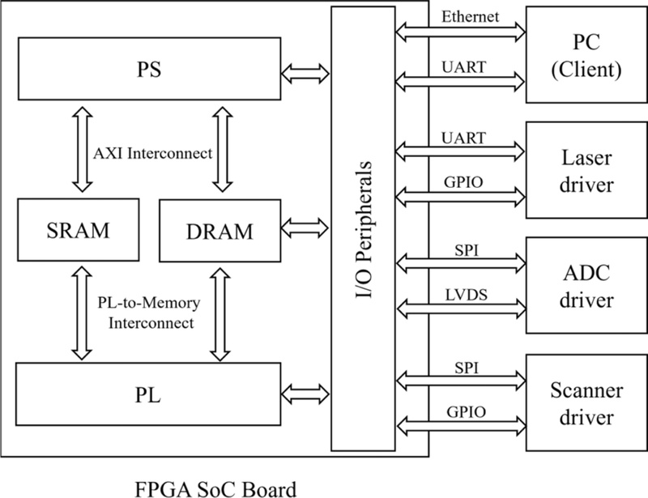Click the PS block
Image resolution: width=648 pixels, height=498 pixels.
[x=149, y=69]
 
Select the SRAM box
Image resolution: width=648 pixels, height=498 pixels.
[x=78, y=230]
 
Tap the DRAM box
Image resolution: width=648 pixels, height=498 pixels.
[x=220, y=231]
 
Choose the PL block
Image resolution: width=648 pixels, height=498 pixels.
[x=148, y=394]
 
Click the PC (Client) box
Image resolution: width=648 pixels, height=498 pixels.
[x=586, y=54]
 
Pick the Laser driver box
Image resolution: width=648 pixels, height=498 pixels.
[x=586, y=170]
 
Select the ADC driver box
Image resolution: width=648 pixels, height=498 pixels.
[x=586, y=285]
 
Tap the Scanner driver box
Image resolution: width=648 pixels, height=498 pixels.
[x=586, y=402]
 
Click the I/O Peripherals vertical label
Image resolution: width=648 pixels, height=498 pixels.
[x=364, y=229]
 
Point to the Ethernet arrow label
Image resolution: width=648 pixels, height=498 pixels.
[x=470, y=16]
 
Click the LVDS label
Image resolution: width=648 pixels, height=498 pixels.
[x=467, y=295]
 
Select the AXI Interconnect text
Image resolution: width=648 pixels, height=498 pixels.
[x=152, y=153]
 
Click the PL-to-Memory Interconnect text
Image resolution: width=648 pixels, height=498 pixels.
[x=149, y=313]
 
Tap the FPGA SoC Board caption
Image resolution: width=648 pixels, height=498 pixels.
[x=215, y=489]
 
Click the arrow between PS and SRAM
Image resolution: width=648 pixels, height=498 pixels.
[x=83, y=149]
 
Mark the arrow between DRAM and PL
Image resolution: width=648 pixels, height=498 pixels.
[x=220, y=314]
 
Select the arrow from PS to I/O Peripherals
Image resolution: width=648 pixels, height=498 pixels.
[x=305, y=74]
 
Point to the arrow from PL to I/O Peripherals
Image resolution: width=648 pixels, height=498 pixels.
[x=305, y=394]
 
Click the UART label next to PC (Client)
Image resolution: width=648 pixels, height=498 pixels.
[x=463, y=67]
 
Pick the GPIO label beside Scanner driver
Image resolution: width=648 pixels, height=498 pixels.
[x=467, y=412]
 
